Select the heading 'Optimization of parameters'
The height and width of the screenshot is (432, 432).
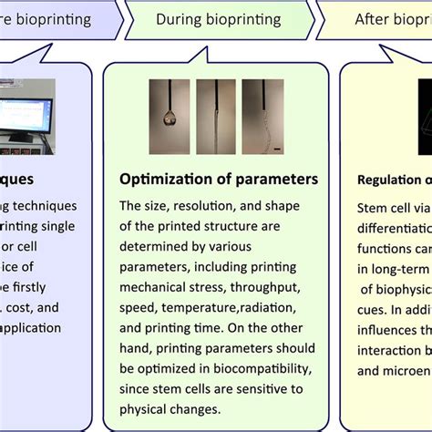click(220, 179)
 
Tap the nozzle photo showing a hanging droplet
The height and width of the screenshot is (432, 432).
click(170, 118)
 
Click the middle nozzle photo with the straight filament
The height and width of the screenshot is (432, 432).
click(216, 118)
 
